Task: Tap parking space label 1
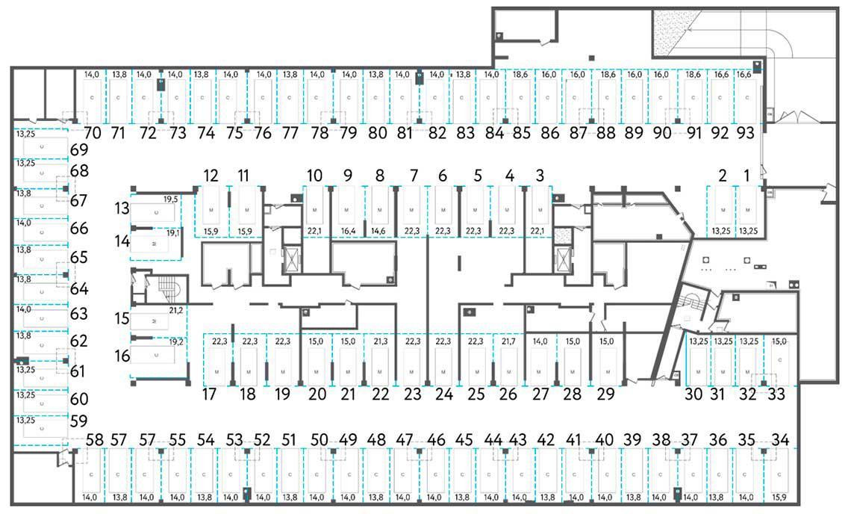[746, 176]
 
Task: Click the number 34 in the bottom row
[782, 439]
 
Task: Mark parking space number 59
[79, 421]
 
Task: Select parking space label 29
[606, 394]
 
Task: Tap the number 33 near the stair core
[776, 394]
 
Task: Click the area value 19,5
[170, 199]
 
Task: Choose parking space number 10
[314, 176]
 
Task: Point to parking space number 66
[79, 229]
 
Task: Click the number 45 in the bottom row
[464, 439]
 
